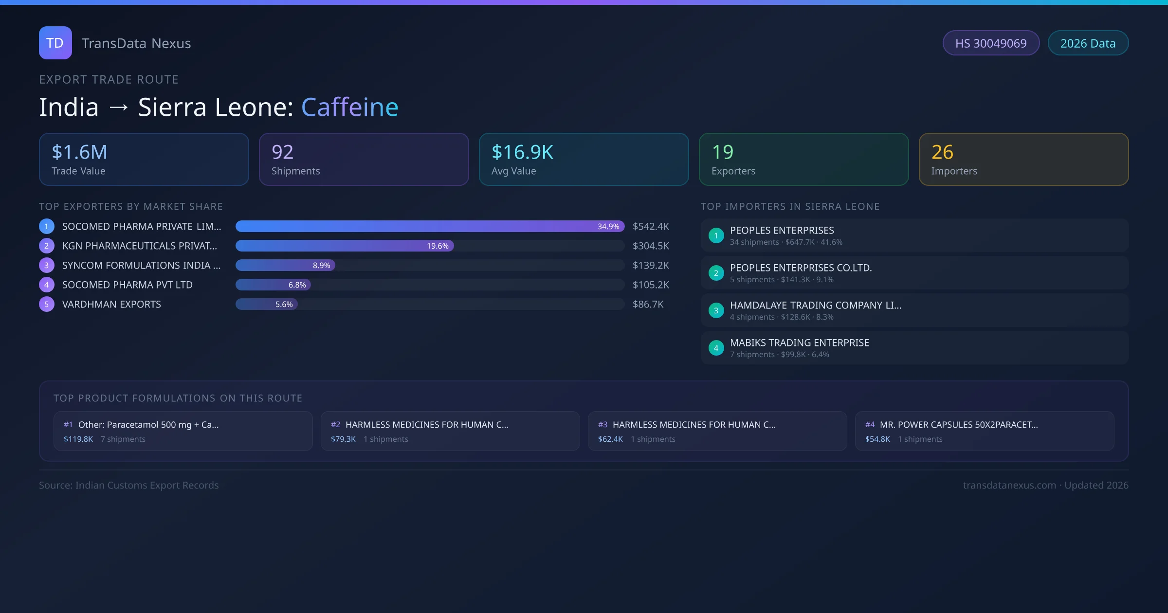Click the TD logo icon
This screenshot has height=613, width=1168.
coord(55,43)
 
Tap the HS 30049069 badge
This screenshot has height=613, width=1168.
coord(991,43)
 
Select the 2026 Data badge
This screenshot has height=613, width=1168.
coord(1088,43)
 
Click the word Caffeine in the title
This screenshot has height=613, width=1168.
coord(349,107)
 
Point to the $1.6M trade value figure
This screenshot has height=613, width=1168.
coord(79,152)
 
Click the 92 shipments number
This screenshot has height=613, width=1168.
coord(282,152)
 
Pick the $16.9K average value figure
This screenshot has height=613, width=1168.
coord(522,152)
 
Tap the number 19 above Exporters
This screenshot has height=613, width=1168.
coord(722,152)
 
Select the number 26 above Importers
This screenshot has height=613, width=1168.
coord(942,152)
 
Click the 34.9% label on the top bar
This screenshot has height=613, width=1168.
coord(608,226)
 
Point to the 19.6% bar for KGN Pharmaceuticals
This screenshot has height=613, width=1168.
coord(345,246)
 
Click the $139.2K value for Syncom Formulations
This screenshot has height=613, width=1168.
coord(651,265)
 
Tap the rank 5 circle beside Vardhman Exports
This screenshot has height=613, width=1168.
coord(47,304)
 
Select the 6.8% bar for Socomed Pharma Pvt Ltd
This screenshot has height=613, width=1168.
coord(273,285)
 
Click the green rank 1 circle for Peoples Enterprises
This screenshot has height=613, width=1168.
coord(716,235)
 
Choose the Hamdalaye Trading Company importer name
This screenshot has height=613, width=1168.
coord(815,305)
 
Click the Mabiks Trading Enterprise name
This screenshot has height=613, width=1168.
coord(799,343)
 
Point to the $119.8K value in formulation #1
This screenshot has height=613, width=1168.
coord(78,439)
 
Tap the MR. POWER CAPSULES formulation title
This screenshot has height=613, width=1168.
coord(959,425)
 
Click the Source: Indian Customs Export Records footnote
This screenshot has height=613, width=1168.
coord(129,485)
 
